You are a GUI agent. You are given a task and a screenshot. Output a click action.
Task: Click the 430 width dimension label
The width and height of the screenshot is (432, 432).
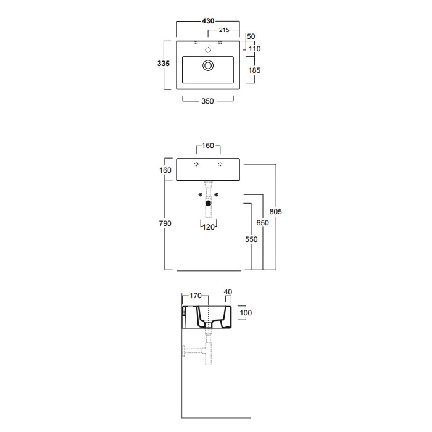[x=208, y=21]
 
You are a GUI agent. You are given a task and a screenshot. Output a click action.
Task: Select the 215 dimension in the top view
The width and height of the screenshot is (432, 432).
[x=224, y=30]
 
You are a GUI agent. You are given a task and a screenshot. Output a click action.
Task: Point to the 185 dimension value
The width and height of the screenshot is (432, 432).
[x=254, y=70]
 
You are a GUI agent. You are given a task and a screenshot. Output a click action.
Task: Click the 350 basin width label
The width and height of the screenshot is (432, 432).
[x=207, y=101]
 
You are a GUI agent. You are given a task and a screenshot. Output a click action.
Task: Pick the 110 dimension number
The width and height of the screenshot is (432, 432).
[x=254, y=49]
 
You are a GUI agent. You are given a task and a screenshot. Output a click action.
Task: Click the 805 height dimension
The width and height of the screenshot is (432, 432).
[x=276, y=212]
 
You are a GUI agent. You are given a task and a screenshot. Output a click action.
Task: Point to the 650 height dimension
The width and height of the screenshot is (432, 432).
[x=263, y=223]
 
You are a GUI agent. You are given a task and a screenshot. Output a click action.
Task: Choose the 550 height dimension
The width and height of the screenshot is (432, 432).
[x=250, y=239]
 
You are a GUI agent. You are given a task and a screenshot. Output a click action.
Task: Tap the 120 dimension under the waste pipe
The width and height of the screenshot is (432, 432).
[x=208, y=227]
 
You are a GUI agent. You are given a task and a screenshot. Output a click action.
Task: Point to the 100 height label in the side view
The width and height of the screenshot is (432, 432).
[x=246, y=313]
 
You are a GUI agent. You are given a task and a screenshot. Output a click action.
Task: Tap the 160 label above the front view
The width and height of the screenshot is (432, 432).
[x=208, y=146]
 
